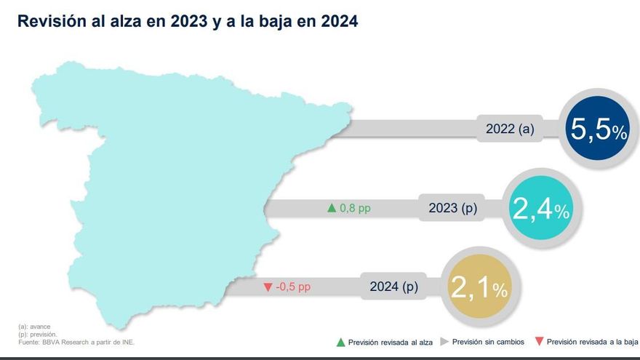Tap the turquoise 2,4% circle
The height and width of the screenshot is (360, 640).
click(541, 209)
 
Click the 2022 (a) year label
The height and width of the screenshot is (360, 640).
click(510, 130)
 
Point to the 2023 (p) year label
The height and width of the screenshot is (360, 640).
click(452, 209)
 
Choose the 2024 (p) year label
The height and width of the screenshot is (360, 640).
click(394, 287)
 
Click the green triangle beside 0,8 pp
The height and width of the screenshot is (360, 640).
click(332, 209)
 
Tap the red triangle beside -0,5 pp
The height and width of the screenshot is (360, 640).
click(268, 287)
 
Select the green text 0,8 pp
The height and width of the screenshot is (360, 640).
click(356, 209)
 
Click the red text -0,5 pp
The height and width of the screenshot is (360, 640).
click(293, 287)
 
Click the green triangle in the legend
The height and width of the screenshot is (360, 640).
click(340, 341)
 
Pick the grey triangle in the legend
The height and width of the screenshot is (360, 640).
click(444, 341)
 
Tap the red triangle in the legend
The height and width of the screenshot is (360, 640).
click(538, 341)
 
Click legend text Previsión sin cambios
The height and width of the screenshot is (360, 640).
click(487, 341)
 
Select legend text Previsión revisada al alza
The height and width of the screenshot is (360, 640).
click(390, 341)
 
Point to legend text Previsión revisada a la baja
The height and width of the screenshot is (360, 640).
click(591, 341)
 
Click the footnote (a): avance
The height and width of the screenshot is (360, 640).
click(34, 327)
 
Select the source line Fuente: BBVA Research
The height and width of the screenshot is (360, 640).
click(76, 341)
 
